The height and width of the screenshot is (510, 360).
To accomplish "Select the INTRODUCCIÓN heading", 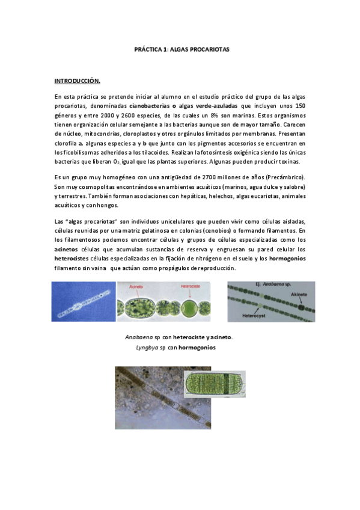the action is (78, 81).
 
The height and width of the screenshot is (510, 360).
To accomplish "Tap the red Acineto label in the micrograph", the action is (137, 288).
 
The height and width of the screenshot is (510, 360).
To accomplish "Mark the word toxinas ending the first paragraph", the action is (297, 162).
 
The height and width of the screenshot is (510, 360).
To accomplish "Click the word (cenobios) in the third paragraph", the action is (220, 230).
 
